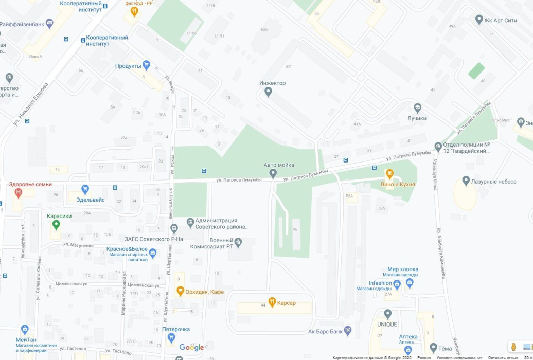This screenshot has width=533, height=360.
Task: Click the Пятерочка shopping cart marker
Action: [171, 337]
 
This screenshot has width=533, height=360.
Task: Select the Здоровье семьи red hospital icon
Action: [19, 193]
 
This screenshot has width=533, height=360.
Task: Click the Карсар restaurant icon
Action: [272, 302]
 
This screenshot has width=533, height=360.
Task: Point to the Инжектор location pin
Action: [268, 92]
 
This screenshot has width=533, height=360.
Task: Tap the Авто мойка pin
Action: [273, 173]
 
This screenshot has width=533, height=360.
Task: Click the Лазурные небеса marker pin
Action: [466, 181]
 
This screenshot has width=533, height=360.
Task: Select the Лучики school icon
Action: [418, 109]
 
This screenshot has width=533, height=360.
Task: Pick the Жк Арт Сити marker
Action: [479, 20]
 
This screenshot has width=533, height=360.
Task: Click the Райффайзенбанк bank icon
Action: [49, 23]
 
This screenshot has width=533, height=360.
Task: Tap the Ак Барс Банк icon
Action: [348, 331]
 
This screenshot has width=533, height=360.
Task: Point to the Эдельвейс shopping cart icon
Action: [85, 189]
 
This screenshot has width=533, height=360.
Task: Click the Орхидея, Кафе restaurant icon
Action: [180, 291]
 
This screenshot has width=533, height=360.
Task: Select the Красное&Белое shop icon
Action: [152, 253]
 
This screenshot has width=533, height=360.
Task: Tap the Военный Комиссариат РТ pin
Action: [238, 241]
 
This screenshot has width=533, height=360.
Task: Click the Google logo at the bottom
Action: [191, 348]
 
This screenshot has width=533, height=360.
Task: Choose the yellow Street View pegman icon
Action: [513, 347]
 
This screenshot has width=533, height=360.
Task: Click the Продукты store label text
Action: [128, 66]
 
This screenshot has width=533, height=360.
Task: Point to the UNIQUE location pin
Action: [387, 314]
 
